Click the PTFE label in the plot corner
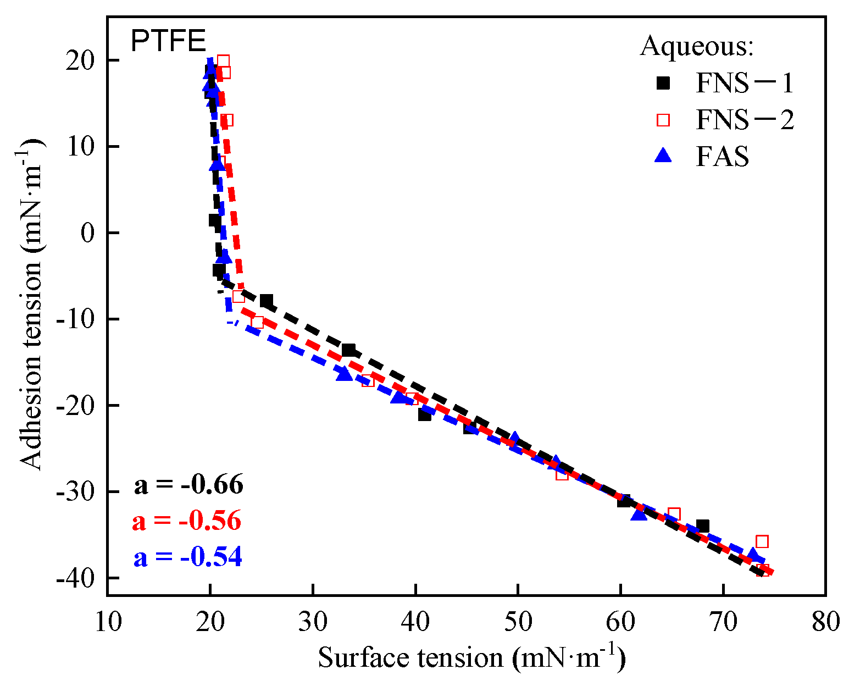coord(168,41)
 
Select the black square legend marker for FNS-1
coord(664,83)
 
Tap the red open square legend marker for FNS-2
coord(664,120)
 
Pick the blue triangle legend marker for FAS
coord(664,156)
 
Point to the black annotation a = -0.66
coord(188,484)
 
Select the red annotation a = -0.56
coord(187,521)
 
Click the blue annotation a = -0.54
coord(187,557)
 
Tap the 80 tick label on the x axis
coord(825,622)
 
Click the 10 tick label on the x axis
coord(107,622)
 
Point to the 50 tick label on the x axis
coord(518,622)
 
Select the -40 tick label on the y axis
coord(74,578)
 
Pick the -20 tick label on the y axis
coord(74,406)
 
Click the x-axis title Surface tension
coord(471,657)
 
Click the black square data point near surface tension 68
coord(702,526)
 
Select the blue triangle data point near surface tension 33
coord(345,374)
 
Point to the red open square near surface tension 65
coord(674,514)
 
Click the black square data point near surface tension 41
coord(424,415)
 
